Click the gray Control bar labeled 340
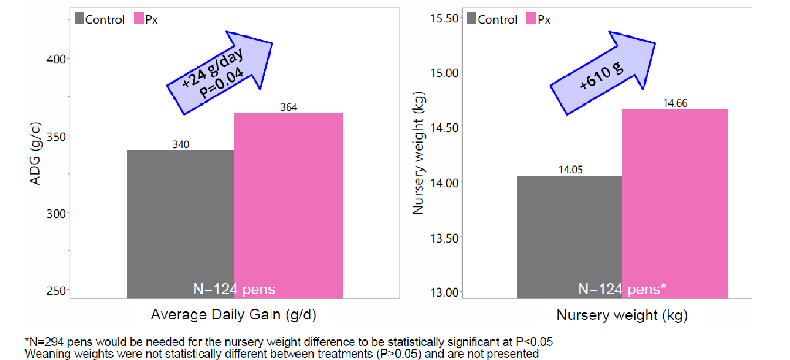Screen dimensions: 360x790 pos(180,224)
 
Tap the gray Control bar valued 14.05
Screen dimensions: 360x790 pos(570,237)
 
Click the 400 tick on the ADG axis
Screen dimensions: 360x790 pos(56,59)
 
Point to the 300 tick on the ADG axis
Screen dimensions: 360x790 pos(56,214)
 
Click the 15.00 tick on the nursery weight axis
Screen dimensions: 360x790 pos(444,73)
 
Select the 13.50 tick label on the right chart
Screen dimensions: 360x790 pos(444,238)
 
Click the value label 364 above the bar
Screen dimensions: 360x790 pos(289,108)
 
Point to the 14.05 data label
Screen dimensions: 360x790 pos(570,170)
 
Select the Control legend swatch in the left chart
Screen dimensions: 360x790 pos(79,19)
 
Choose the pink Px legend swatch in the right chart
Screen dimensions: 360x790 pos(531,19)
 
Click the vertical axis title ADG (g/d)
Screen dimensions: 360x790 pos(35,153)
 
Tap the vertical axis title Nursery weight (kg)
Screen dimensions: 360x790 pos(418,153)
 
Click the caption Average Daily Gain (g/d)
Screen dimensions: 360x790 pos(233,314)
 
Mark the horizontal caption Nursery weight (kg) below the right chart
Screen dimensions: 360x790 pos(622,315)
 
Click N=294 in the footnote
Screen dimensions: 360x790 pos(46,341)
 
